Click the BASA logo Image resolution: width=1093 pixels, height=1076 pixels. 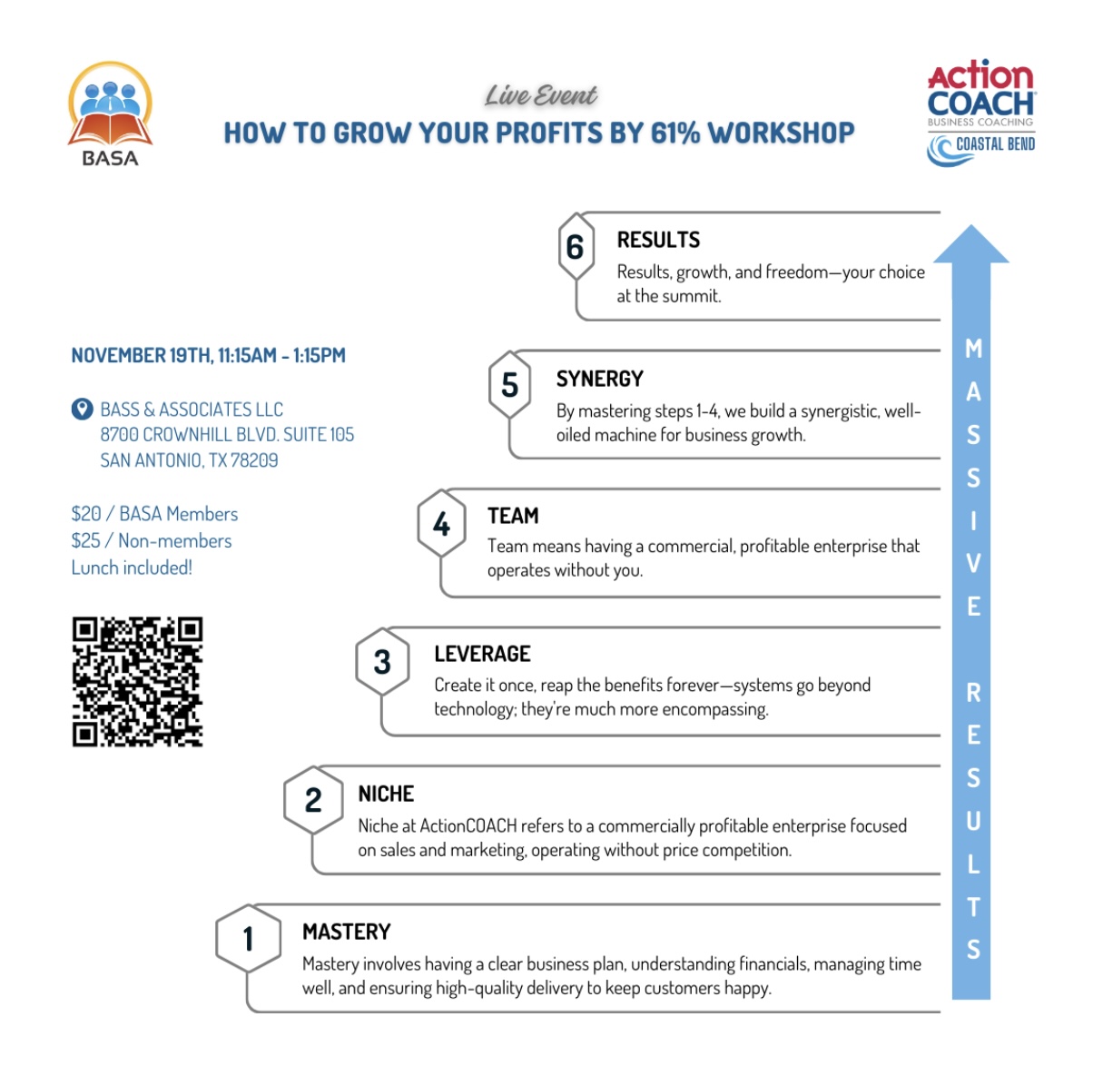tap(110, 114)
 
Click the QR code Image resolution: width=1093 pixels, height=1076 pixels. tap(137, 682)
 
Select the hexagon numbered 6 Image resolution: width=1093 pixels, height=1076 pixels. tap(575, 247)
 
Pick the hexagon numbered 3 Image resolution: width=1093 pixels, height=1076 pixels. tap(382, 662)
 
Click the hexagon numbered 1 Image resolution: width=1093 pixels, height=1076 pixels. tap(248, 938)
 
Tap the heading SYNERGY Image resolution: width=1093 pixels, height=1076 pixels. tap(599, 379)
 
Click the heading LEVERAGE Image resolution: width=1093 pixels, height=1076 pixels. tap(482, 654)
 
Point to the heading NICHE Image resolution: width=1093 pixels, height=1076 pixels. tap(386, 794)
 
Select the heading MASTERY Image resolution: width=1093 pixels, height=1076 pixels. tap(346, 932)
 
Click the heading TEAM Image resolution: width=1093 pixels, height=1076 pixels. tap(513, 516)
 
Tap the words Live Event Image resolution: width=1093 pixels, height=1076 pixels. tap(541, 95)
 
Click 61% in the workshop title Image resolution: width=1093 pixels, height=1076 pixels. tap(675, 133)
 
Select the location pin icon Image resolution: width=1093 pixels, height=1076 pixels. tap(82, 410)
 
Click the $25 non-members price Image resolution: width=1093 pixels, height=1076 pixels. tap(86, 541)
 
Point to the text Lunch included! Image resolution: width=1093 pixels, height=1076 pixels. tap(132, 568)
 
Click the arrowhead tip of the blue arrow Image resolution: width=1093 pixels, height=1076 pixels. tap(971, 232)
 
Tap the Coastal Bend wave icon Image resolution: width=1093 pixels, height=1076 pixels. tap(940, 150)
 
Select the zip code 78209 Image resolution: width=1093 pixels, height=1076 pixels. tap(254, 460)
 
